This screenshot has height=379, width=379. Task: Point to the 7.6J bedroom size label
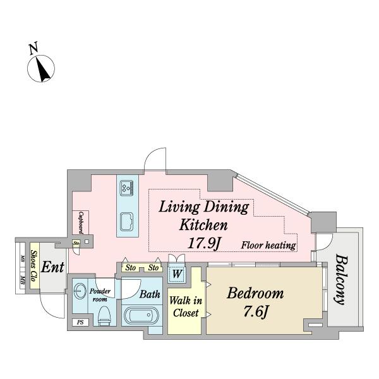click(x=256, y=311)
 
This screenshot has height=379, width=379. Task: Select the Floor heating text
click(x=268, y=245)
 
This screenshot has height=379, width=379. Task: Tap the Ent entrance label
click(x=52, y=267)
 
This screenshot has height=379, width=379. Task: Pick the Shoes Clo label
click(x=34, y=265)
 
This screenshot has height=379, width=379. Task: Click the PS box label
click(x=80, y=322)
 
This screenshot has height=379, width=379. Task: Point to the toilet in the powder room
click(x=105, y=316)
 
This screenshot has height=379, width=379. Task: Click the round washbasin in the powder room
click(x=80, y=291)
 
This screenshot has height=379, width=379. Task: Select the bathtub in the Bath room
click(x=141, y=315)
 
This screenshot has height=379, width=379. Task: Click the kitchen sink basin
click(x=127, y=222)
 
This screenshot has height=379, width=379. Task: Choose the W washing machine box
click(x=177, y=274)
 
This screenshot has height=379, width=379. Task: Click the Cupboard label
click(x=81, y=222)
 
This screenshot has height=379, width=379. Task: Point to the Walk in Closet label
click(x=186, y=307)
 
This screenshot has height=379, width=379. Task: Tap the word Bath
click(x=150, y=294)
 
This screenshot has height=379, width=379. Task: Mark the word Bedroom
click(x=255, y=293)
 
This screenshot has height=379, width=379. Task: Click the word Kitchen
click(x=203, y=225)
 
